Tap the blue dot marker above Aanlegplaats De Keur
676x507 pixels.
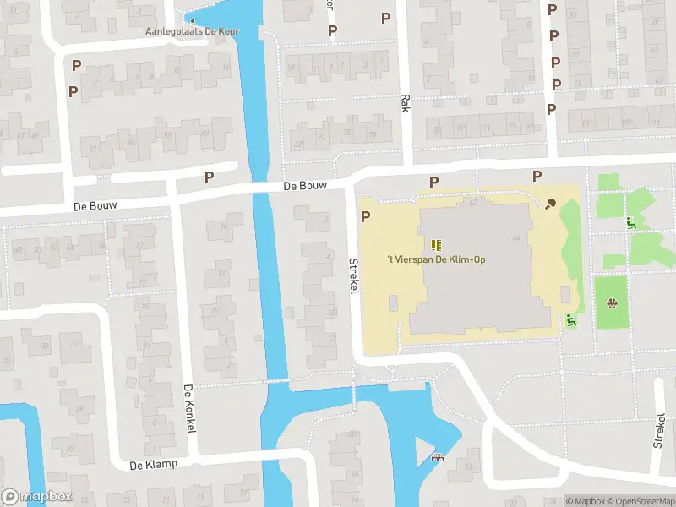193,21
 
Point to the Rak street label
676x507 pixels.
405,103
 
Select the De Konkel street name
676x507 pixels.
189,409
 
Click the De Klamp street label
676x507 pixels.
151,465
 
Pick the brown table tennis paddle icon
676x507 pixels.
551,203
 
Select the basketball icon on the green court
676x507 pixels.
611,303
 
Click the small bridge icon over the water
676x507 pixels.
438,458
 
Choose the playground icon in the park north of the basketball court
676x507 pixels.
630,223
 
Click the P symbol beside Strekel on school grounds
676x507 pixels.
366,217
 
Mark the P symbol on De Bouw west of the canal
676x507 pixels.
209,177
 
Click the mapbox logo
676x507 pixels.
37,497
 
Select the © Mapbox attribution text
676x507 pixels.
585,501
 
